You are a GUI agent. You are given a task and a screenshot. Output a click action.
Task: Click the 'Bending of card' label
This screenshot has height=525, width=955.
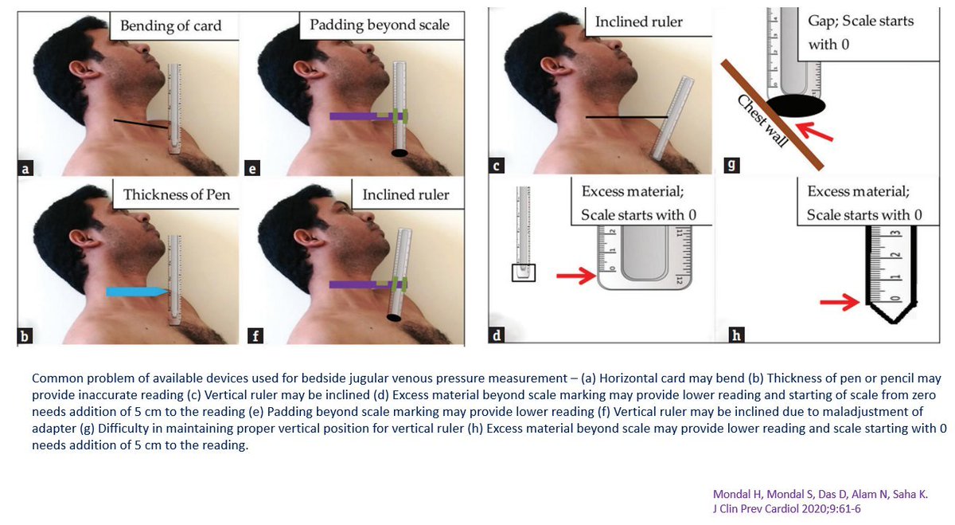pos(170,25)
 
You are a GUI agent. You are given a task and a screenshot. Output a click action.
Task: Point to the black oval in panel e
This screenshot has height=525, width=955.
pos(400,152)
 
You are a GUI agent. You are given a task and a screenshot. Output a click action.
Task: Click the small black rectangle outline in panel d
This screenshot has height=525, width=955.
pos(523,272)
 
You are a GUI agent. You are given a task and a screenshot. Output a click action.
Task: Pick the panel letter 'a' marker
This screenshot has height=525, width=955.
pos(25,167)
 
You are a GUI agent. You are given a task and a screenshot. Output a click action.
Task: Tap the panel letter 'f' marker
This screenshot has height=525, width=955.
pos(255,335)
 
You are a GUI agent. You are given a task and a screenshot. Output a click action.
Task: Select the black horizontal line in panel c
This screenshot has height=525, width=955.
pos(626,118)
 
